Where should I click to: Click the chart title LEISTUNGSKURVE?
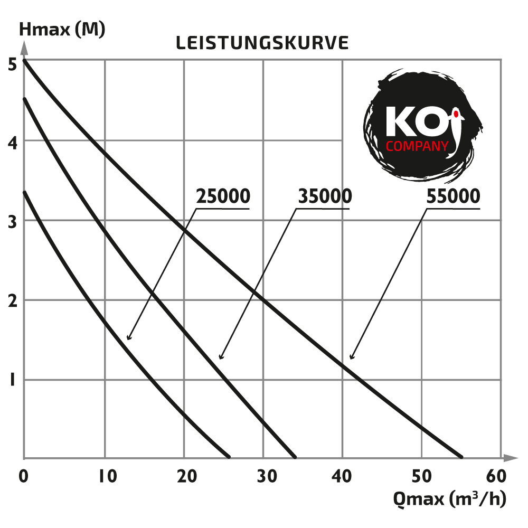[x=262, y=43]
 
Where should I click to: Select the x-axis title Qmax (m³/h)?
[x=449, y=498]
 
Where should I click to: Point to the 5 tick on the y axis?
[x=12, y=63]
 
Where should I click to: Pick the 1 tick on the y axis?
[x=12, y=380]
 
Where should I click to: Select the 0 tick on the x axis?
[x=23, y=476]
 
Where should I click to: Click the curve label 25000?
[x=223, y=196]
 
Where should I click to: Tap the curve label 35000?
[x=325, y=196]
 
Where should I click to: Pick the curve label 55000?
[x=453, y=196]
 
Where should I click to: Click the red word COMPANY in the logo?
[x=417, y=146]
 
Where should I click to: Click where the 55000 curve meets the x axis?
[x=461, y=457]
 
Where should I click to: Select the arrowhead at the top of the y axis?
[x=24, y=49]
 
